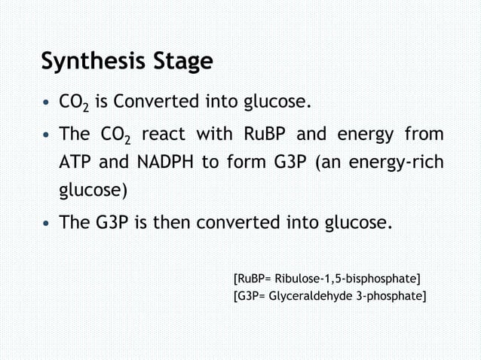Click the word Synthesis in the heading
pos(86,61)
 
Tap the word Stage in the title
pos(175,61)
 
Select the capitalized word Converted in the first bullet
pos(158,100)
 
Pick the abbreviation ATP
pos(74,163)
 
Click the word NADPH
pos(163,163)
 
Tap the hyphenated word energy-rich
pos(396,163)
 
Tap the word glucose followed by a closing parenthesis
pos(93,190)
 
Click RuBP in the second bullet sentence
pos(265,135)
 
